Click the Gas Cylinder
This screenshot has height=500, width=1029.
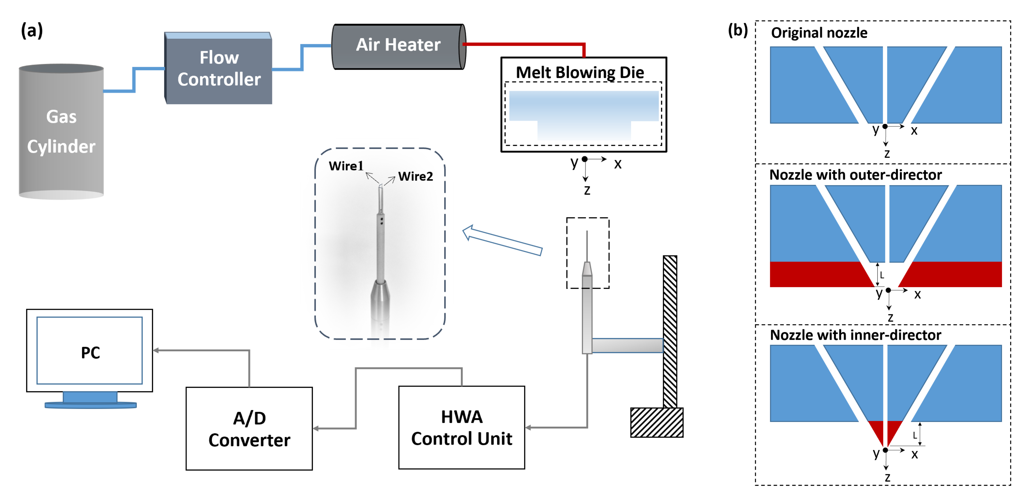pyautogui.click(x=61, y=132)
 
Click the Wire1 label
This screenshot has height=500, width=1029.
pyautogui.click(x=346, y=166)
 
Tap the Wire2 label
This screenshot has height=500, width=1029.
pyautogui.click(x=415, y=176)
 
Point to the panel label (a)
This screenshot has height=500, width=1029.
pyautogui.click(x=32, y=30)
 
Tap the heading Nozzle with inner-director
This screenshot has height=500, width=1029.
pyautogui.click(x=855, y=335)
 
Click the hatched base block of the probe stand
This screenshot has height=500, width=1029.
pyautogui.click(x=656, y=422)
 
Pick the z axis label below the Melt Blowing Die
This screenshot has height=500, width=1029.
pyautogui.click(x=587, y=190)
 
